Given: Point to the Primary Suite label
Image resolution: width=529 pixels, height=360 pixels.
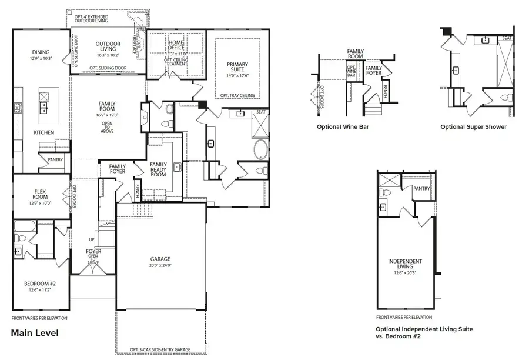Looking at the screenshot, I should pos(237,68).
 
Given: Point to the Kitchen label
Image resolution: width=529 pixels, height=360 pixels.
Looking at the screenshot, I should pos(43,132).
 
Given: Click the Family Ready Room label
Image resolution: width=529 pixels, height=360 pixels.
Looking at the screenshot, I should pos(159,169).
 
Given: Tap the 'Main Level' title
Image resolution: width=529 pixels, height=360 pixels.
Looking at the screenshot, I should pos(35,332).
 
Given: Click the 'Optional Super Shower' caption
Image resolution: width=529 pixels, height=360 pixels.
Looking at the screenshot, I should pos(473,126).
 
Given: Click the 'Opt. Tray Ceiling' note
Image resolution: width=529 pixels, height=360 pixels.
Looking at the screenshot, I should pos(237,95).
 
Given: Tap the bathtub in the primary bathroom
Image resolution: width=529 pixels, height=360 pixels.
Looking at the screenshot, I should pos(260,149).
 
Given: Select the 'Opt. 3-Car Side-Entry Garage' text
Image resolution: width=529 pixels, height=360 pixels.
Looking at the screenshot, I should pos(160,351).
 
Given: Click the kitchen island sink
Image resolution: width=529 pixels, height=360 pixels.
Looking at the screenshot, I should pos(43,107).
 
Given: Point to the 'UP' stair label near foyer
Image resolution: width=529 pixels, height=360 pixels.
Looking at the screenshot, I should pos(91,240).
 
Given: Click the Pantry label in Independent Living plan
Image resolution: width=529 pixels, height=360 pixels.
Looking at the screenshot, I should pos(421,189).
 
